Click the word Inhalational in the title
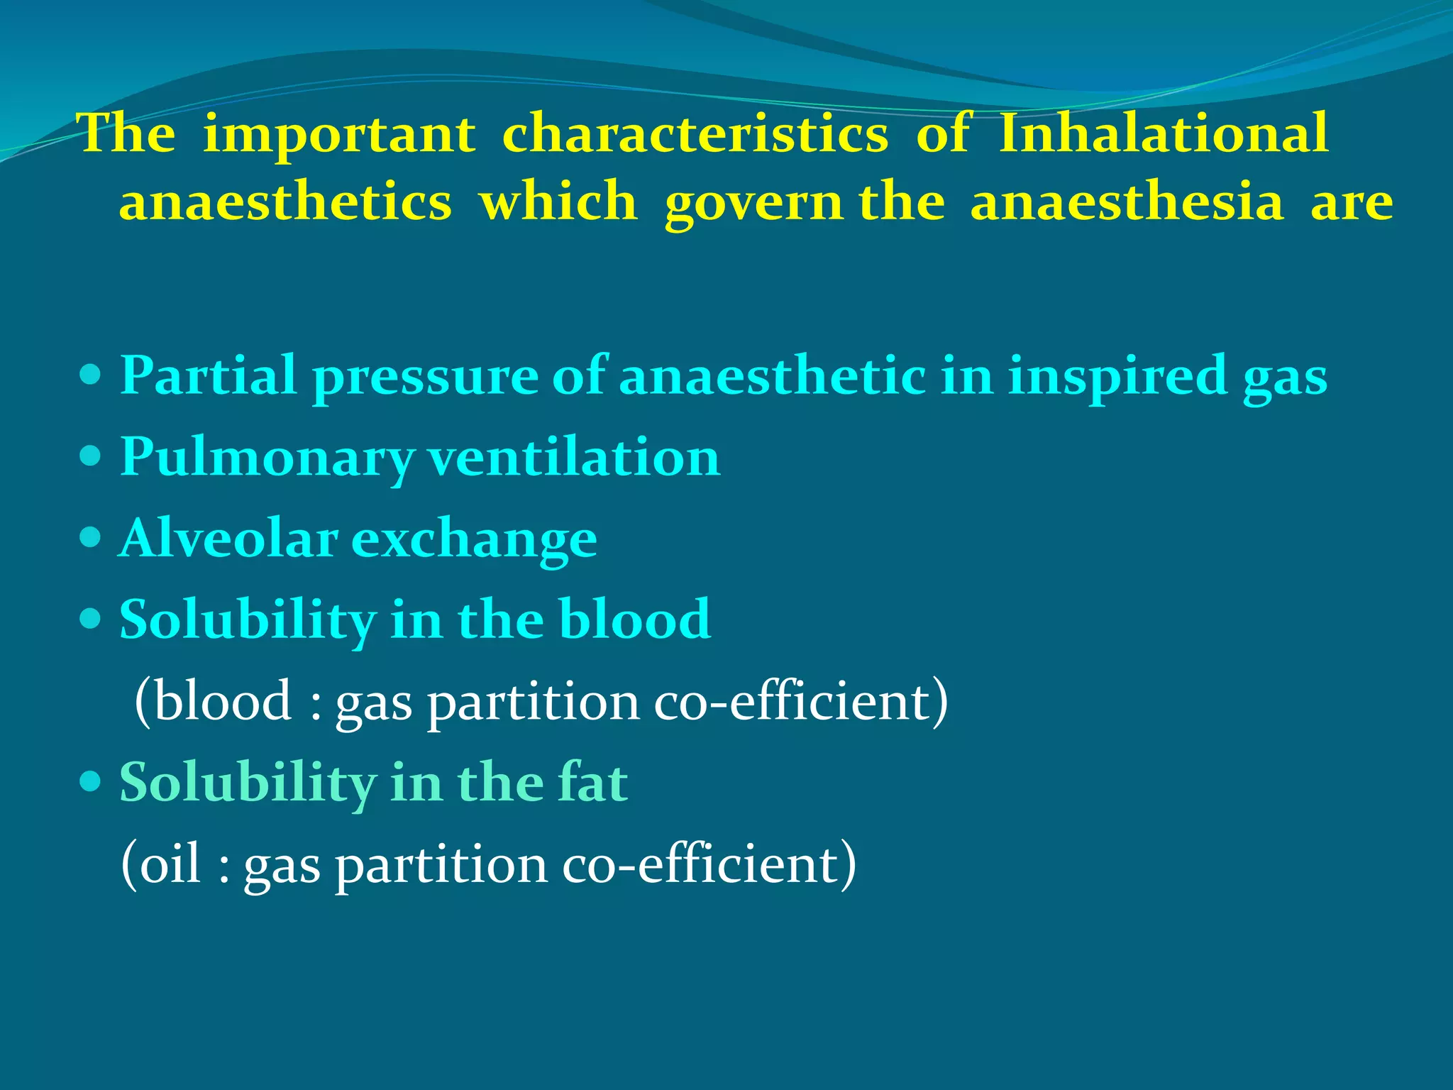[x=1164, y=133]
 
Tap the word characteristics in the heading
[x=695, y=133]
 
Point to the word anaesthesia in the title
[x=1127, y=202]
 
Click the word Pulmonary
[x=267, y=458]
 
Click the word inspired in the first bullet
[x=1117, y=377]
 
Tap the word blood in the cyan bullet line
[x=634, y=619]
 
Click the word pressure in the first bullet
[x=426, y=377]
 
